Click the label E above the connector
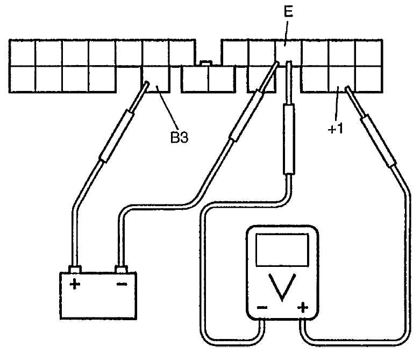(x=288, y=12)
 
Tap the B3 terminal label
(x=180, y=138)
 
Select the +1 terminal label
(x=336, y=129)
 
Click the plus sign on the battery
(x=75, y=284)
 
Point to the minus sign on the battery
(x=122, y=284)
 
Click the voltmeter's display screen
(x=282, y=250)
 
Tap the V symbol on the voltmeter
(x=282, y=287)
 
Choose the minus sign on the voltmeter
(x=262, y=307)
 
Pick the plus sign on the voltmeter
(x=303, y=307)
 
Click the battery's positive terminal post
(x=75, y=270)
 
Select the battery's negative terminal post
(x=121, y=270)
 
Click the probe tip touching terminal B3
(x=146, y=83)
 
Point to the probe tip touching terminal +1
(x=347, y=88)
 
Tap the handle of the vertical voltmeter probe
(x=289, y=139)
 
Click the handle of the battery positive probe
(x=117, y=136)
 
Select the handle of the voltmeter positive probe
(x=378, y=141)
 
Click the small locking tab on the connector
(x=207, y=63)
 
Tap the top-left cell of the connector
(x=23, y=53)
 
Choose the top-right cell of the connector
(x=368, y=53)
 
